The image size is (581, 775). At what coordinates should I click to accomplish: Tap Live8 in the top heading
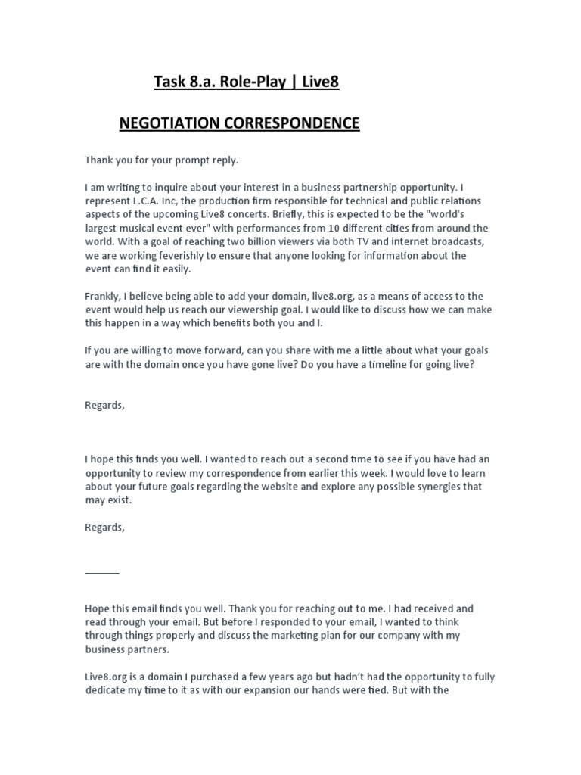(320, 82)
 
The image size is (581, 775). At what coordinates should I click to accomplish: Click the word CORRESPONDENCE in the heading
(291, 123)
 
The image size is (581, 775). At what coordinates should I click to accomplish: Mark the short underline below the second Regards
(101, 571)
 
